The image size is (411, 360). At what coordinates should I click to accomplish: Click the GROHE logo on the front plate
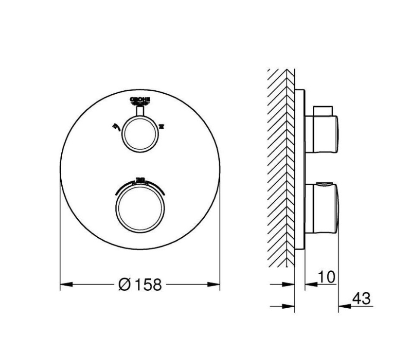[x=140, y=101]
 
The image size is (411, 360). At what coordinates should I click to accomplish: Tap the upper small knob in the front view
[x=140, y=134]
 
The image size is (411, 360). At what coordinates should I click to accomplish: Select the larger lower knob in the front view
[x=139, y=209]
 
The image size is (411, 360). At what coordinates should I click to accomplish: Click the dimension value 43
[x=362, y=299]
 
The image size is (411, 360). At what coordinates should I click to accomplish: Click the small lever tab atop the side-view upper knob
[x=324, y=110]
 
